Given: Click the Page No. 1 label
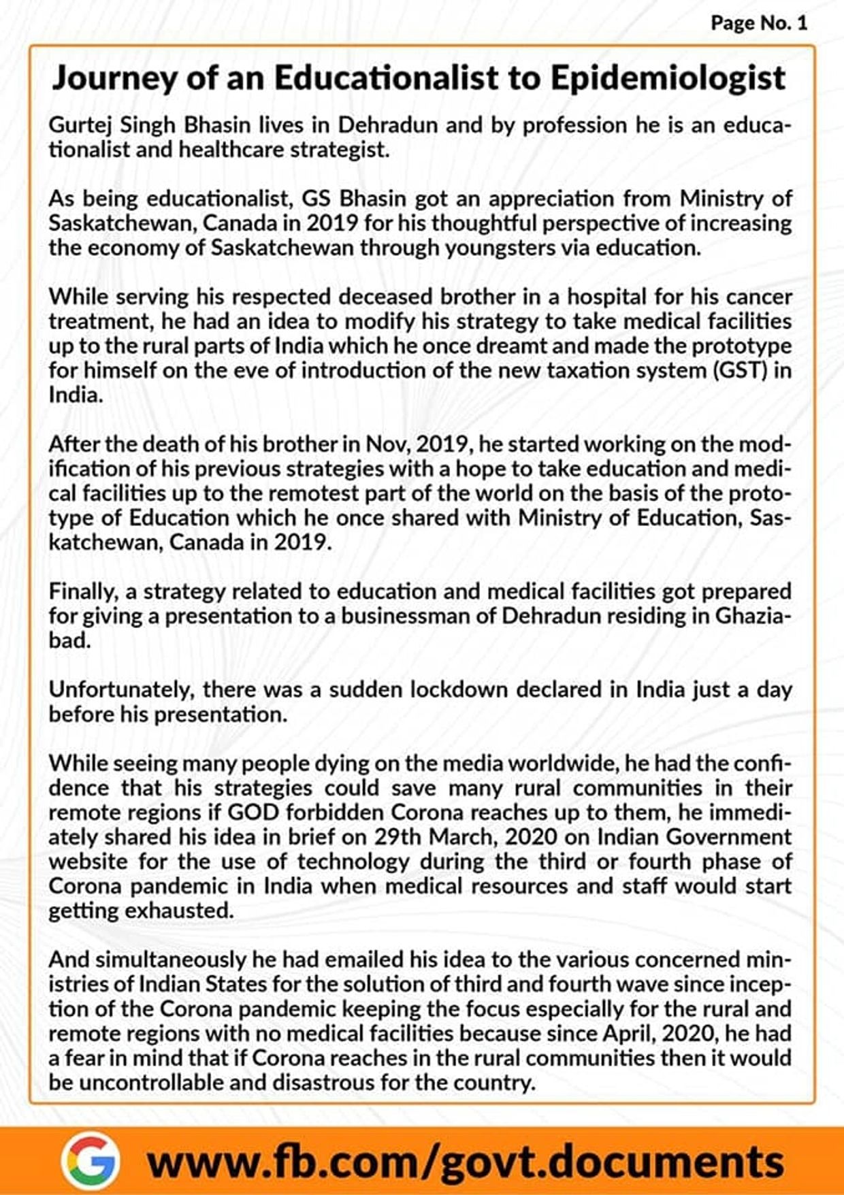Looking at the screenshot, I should click(758, 23).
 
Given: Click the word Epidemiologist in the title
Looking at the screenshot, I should click(668, 78).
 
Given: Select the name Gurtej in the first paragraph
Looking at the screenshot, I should click(78, 126).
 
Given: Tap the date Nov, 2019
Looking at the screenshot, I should click(417, 444).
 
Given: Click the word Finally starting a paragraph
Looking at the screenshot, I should click(82, 592).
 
